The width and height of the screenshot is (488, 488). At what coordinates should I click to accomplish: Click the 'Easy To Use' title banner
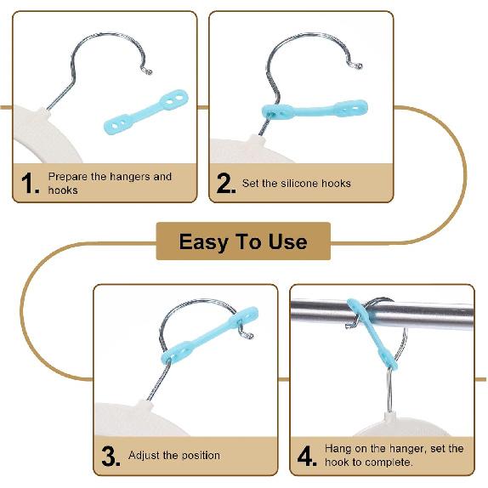coord(243,241)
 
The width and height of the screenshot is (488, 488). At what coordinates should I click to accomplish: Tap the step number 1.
coord(30,184)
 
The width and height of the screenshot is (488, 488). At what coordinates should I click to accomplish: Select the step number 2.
coord(226,184)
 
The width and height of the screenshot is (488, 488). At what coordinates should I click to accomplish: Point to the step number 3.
coord(111,456)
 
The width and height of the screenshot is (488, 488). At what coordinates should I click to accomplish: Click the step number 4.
coord(307,456)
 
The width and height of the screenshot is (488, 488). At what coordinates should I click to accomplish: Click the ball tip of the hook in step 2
coord(358,65)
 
